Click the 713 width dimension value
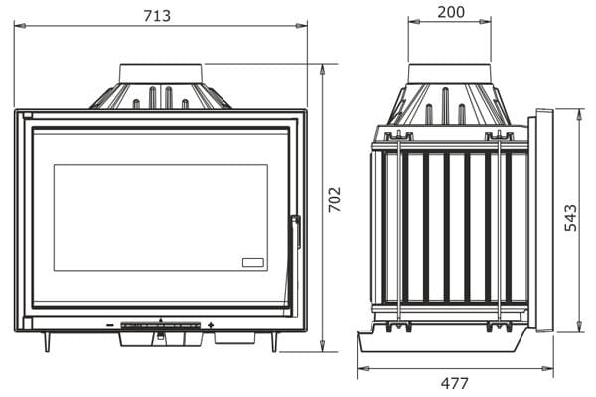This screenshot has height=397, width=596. click(157, 16)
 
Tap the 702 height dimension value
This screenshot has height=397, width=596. click(335, 199)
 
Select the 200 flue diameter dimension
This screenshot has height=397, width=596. click(451, 12)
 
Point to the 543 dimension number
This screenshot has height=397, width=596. click(570, 218)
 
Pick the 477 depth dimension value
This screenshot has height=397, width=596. click(455, 383)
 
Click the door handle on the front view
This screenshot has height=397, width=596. click(296, 232)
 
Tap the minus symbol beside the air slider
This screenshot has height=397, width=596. click(110, 325)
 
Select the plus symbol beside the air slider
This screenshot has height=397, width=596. click(211, 325)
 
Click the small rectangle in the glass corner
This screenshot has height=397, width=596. click(253, 262)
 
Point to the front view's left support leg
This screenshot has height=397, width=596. click(47, 342)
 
